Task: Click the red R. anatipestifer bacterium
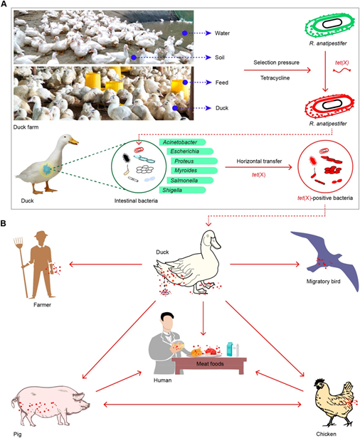329,106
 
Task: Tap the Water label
222,33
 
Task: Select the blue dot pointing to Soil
134,58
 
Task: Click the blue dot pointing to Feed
185,82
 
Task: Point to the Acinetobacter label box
183,142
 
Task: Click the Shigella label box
183,191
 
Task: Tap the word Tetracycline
275,78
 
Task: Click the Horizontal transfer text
259,161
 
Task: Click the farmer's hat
41,235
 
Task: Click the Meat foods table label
210,364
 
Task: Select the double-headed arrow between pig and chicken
202,404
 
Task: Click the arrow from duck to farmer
105,264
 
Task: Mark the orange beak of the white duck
74,141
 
